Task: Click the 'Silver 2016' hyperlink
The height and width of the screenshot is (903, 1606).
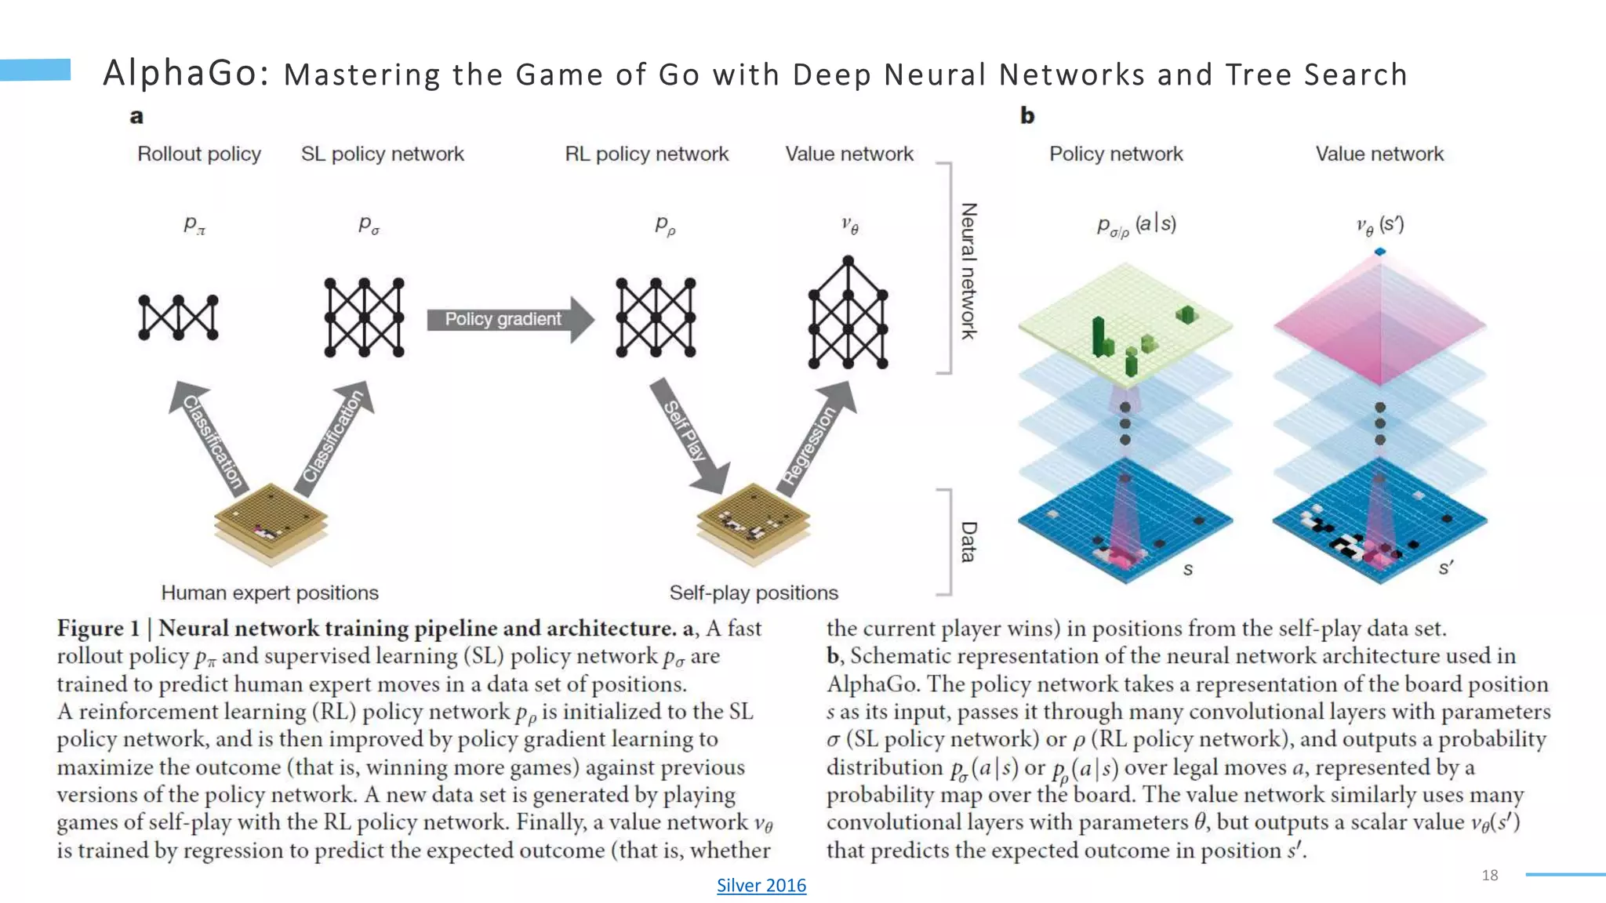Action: pos(761,885)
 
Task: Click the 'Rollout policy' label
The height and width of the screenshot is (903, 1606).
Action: pos(199,154)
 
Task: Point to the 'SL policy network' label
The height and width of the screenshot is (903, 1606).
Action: pos(382,154)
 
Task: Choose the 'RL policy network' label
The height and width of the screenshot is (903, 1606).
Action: pos(646,154)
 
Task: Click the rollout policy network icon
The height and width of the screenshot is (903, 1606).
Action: pos(179,317)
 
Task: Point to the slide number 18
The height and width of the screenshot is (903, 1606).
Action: pos(1490,875)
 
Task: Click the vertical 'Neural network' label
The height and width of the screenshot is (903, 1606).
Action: pos(969,270)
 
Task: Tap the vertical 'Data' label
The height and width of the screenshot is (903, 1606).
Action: pos(969,542)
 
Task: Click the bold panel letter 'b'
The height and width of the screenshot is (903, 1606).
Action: pos(1027,116)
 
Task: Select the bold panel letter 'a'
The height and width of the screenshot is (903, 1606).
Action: pos(136,117)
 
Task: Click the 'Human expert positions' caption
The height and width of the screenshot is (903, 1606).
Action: pos(270,593)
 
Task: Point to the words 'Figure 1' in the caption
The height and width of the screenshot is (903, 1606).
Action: pos(98,629)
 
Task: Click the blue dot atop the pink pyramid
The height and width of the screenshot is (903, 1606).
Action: pos(1380,252)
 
